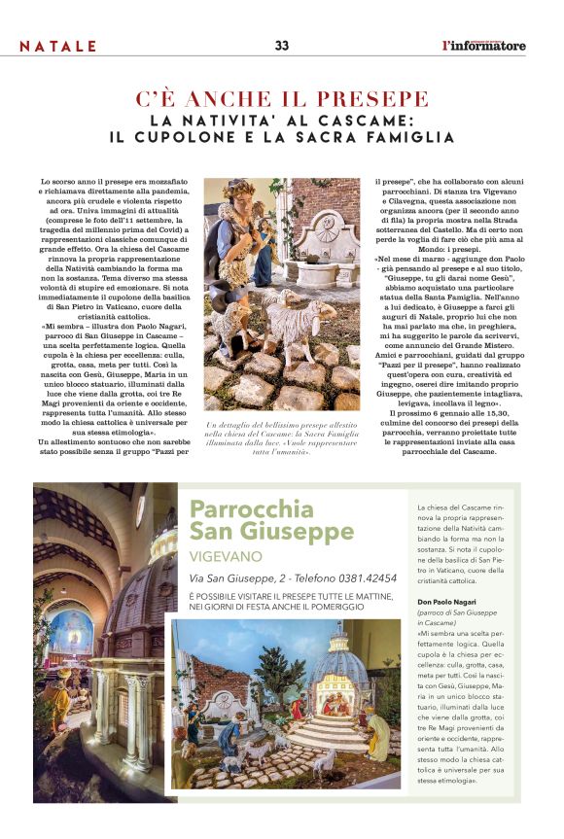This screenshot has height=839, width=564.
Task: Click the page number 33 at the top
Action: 282,46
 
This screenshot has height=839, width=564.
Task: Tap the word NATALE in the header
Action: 58,47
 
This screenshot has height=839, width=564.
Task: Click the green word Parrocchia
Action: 238,508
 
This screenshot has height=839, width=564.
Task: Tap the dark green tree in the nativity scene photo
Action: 268,670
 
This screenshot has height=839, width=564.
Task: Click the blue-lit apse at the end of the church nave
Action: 72,631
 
